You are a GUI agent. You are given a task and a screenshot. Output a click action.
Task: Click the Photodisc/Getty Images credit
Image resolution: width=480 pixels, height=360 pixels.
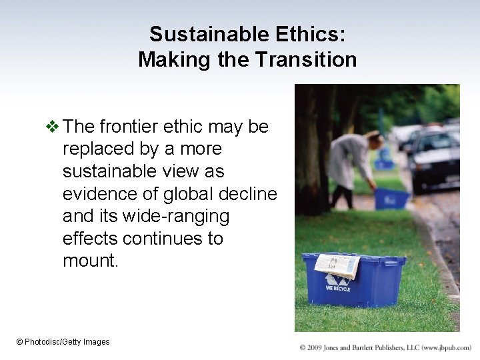[x=63, y=342]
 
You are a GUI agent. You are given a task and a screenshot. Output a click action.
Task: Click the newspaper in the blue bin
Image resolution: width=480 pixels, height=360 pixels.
[x=337, y=265]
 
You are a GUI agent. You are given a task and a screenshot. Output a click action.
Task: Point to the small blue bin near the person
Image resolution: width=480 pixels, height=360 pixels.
[x=391, y=198]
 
